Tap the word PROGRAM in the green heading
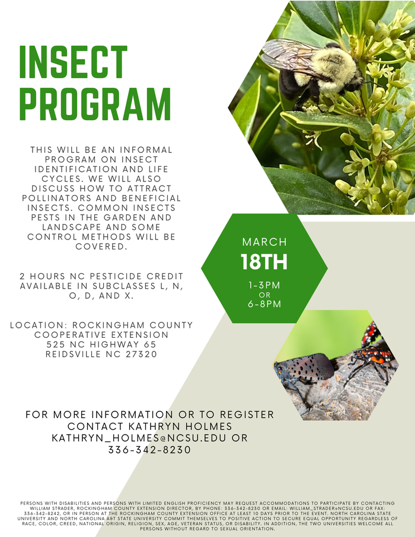95,105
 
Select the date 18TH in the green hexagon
264,261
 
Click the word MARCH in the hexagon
264,242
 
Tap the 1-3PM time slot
264,285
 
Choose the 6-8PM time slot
264,304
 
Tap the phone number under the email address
149,450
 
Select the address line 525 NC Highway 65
101,344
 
